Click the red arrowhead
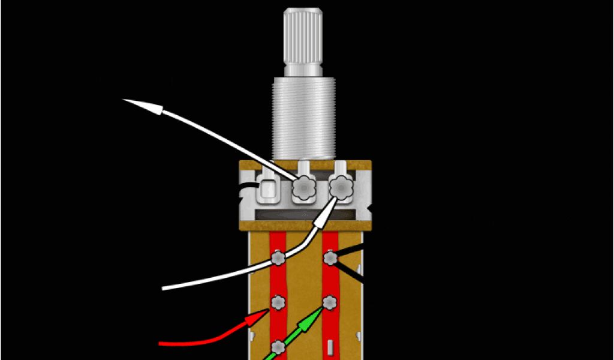tap(257, 317)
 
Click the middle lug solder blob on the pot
tap(303, 190)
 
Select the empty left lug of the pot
tap(267, 191)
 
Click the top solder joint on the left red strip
tap(278, 259)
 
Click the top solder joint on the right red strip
tap(329, 259)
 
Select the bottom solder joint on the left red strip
tap(278, 347)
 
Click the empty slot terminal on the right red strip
tap(330, 347)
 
